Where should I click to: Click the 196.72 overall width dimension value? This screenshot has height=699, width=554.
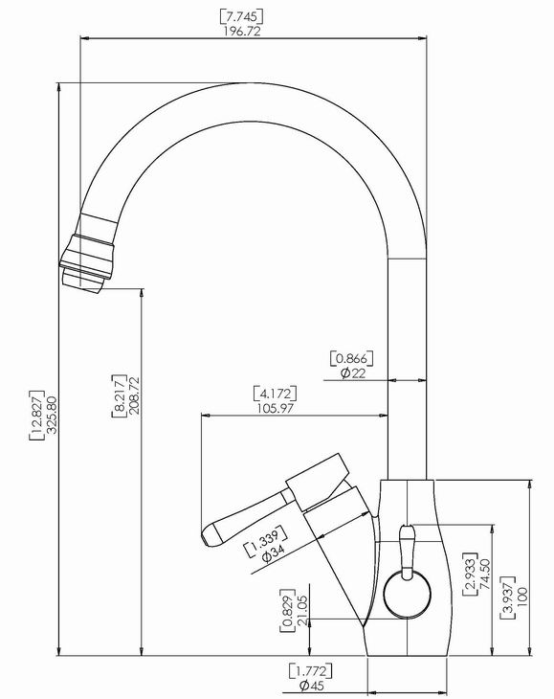coord(241,32)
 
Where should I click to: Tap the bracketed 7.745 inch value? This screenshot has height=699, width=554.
coord(241,17)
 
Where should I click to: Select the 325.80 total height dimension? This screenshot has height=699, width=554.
coord(52,415)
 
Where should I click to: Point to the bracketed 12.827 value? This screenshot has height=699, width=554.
coord(37,416)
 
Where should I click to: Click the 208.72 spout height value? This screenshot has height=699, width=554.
coord(134,395)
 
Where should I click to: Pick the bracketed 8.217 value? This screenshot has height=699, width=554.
coord(119,395)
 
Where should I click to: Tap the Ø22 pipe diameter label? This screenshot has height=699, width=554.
coord(353,373)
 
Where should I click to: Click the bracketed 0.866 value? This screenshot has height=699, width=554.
coord(351,358)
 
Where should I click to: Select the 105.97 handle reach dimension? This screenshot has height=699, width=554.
coord(276,408)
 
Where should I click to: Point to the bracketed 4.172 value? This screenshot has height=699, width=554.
coord(275,394)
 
